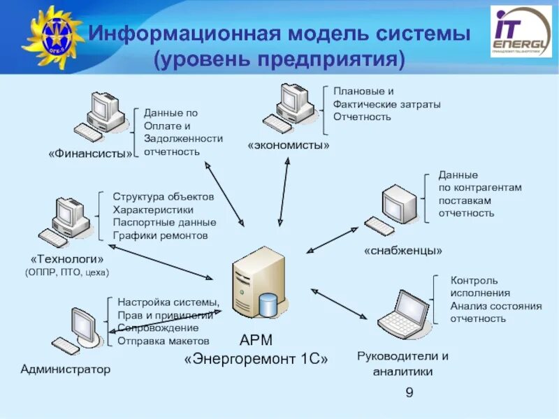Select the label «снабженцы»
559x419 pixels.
[x=403, y=250]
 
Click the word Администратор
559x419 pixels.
[x=66, y=369]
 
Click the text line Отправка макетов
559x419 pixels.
[x=164, y=341]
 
